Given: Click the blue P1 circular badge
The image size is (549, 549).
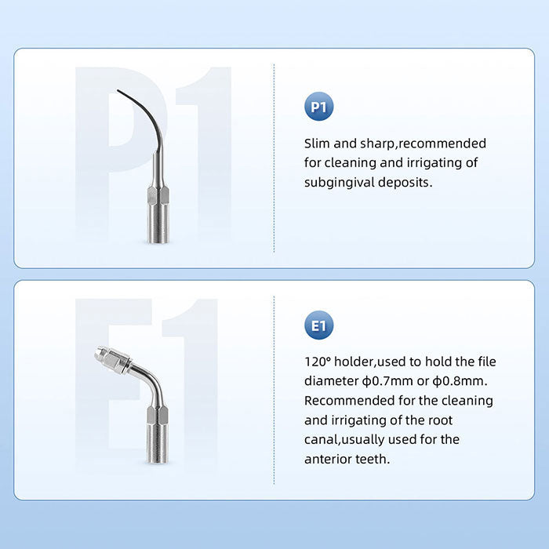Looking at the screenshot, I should tap(318, 107).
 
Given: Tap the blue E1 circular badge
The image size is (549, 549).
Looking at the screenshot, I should tap(318, 325).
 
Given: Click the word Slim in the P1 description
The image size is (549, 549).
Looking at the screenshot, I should tap(318, 144).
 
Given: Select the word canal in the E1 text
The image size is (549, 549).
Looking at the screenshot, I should tap(322, 439).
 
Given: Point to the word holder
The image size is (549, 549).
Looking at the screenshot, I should tap(360, 362).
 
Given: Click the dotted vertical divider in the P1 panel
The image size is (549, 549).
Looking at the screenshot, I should tap(274, 157).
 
